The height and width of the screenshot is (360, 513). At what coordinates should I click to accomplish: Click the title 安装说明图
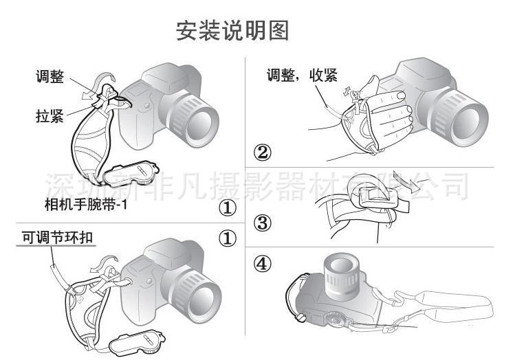pos(232,30)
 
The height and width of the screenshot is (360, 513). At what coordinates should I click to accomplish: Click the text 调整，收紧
pos(302,75)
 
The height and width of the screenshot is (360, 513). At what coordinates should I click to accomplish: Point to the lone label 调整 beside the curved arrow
pos(50,77)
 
